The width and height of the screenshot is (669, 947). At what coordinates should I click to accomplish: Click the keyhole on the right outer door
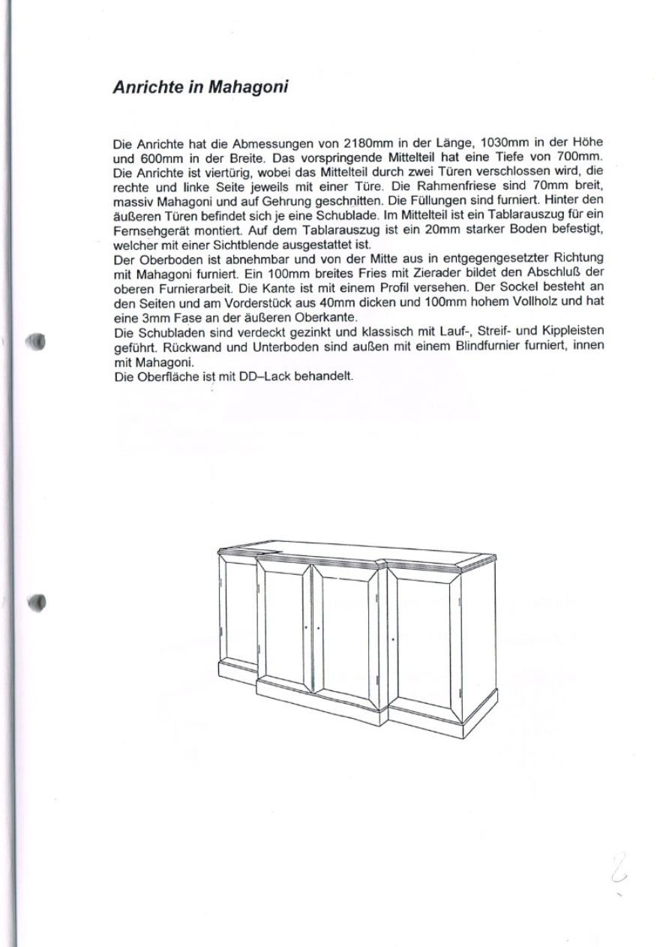click(394, 639)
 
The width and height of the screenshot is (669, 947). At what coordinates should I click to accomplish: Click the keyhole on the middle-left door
click(305, 627)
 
